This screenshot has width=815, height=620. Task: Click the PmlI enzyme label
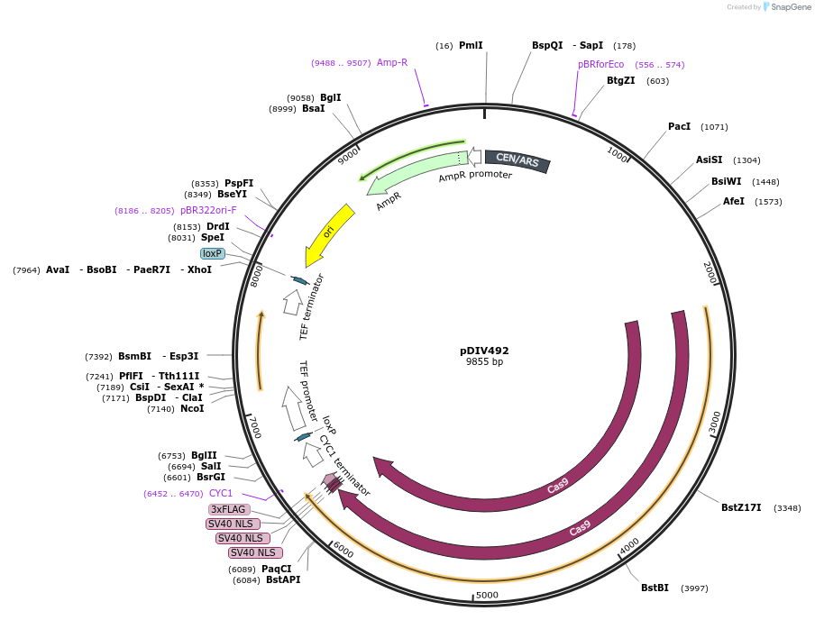(471, 45)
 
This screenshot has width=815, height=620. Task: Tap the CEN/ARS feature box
(517, 161)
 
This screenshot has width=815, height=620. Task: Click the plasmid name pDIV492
(484, 351)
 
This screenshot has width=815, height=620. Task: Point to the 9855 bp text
(484, 362)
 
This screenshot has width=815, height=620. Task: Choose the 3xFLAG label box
(229, 509)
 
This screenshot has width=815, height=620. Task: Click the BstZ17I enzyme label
(741, 507)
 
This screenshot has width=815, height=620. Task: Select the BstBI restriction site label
(655, 588)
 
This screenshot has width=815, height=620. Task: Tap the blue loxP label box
(213, 253)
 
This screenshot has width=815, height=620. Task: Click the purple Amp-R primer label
(392, 62)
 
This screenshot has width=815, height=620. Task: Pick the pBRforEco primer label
(600, 64)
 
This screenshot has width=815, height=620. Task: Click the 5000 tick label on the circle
(487, 595)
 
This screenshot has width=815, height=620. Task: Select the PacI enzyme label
(679, 126)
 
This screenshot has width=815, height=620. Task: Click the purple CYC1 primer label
(221, 493)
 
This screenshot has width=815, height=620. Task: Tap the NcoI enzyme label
(192, 408)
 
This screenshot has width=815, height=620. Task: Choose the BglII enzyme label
(204, 455)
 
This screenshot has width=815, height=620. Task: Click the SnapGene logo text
(791, 7)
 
